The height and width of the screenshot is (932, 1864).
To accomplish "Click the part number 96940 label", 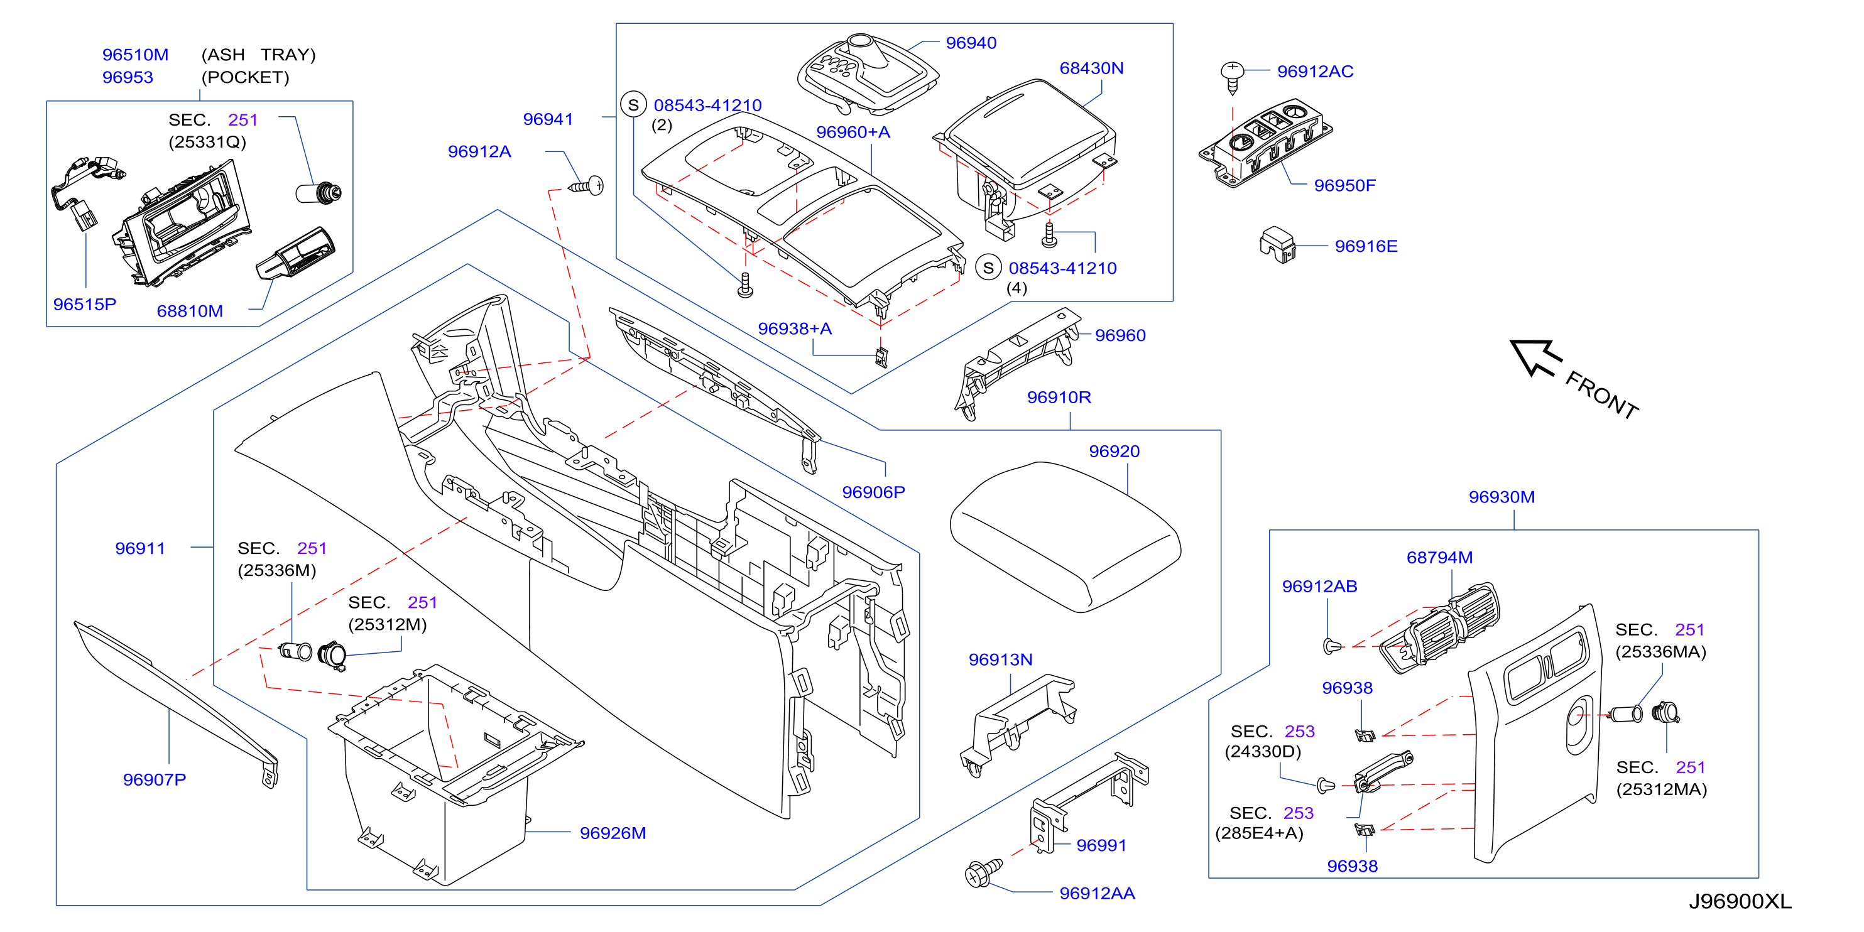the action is [971, 43].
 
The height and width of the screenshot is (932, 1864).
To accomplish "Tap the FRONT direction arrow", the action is [1535, 357].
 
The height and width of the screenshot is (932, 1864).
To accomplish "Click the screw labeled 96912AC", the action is [1231, 78].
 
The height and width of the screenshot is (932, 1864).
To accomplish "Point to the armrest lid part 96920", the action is [1064, 536].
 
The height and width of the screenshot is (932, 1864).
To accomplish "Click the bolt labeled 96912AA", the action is [983, 873].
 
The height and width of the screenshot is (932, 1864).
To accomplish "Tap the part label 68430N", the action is [1091, 68].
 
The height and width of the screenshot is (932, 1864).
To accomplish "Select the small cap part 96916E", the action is [1277, 244].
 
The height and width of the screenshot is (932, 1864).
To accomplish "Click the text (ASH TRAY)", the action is [258, 55].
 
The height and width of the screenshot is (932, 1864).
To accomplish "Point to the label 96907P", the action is [154, 779].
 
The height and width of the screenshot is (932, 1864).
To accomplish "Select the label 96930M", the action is [1502, 497].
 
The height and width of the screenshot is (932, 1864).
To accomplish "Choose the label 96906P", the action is [873, 492].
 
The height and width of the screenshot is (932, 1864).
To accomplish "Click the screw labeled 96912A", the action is [586, 186].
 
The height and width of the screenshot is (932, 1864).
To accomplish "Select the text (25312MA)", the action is [1661, 789].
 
